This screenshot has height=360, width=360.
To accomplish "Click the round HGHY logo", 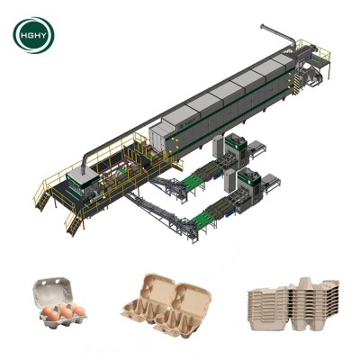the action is pos(33,35).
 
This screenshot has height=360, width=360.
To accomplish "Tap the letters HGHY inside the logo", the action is pos(34,35).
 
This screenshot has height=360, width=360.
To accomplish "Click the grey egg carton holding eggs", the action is pos(59,302).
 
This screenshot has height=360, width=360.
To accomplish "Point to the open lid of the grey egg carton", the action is pos(53,290).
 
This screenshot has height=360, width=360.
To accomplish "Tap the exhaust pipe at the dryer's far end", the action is pos(278,35).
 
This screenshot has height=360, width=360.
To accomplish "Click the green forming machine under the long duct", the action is pos(83,186).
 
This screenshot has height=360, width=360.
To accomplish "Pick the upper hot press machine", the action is pos(237,150).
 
